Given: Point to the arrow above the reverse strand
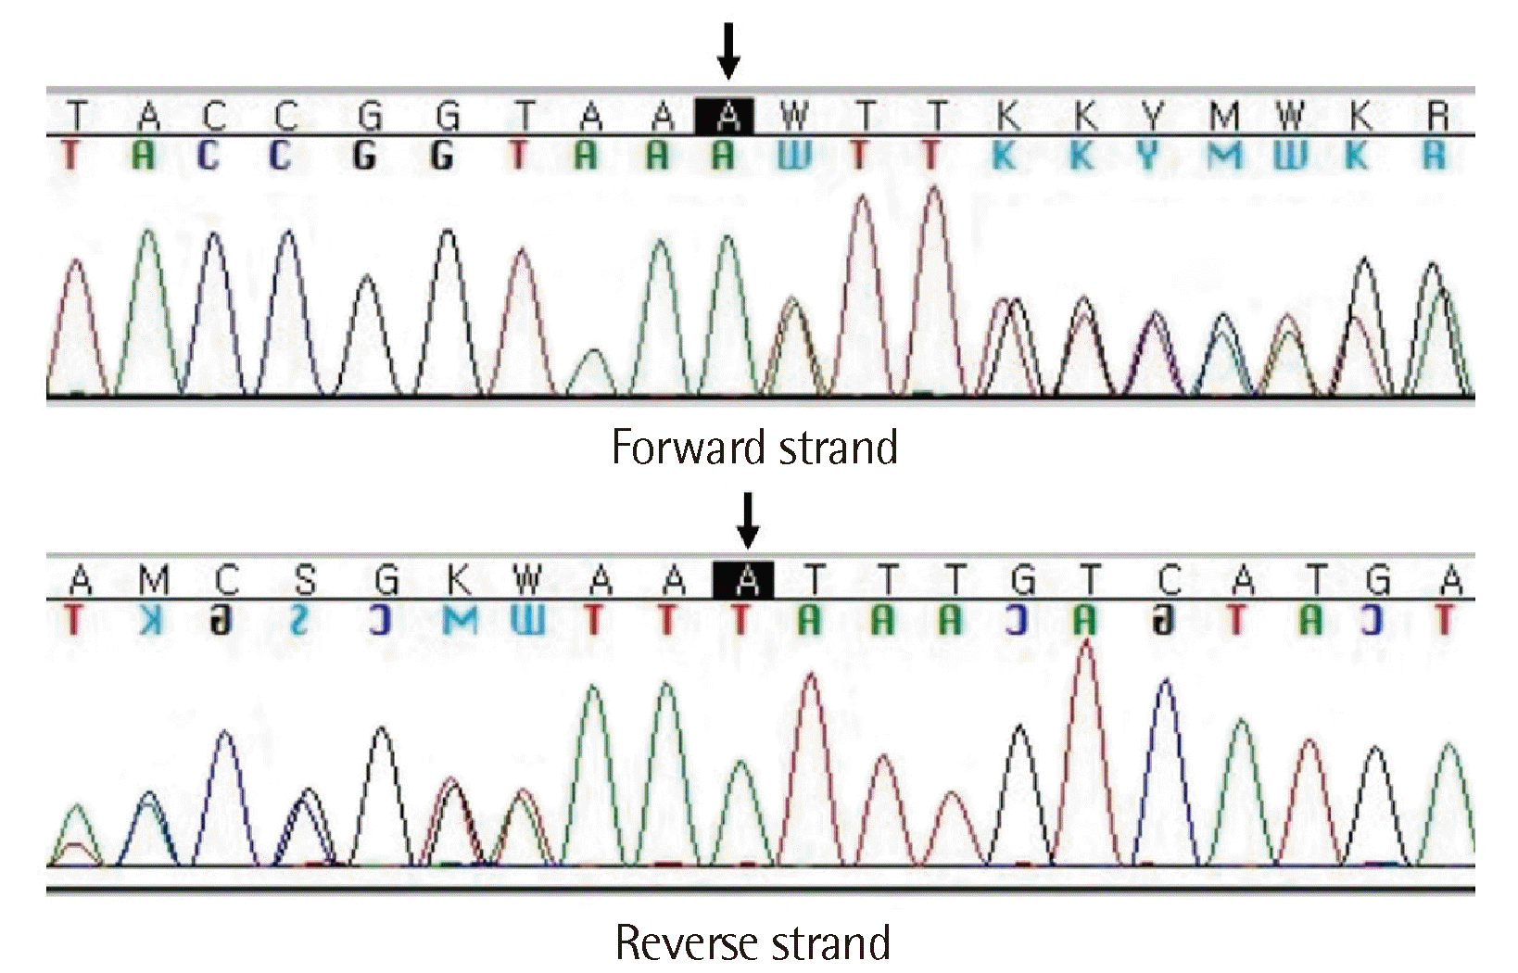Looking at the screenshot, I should click(747, 520).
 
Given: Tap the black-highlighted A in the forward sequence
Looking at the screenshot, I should click(728, 117).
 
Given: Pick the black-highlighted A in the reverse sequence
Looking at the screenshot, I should click(747, 581).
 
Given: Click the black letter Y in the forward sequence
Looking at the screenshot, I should click(1151, 117).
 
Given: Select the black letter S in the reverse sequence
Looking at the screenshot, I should click(304, 581).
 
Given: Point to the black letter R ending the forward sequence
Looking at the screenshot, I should click(1437, 117).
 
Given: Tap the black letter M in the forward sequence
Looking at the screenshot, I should click(1223, 117).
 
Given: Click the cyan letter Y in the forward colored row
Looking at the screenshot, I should click(1149, 156).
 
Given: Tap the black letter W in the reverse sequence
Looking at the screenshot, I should click(526, 581).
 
